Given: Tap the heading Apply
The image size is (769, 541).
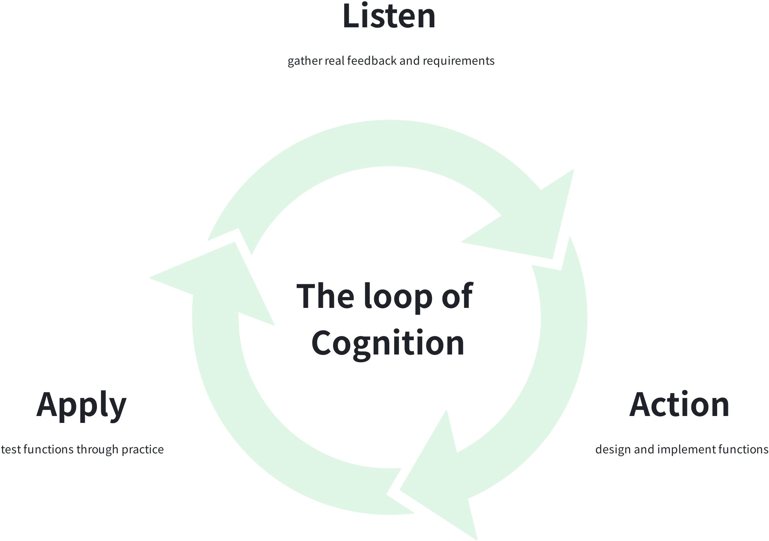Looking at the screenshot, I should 81,405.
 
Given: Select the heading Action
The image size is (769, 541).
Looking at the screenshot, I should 679,405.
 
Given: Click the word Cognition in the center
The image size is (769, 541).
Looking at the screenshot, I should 388,343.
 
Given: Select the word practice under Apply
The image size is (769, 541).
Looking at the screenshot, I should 142,449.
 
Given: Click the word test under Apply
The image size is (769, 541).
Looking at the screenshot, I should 10,449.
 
